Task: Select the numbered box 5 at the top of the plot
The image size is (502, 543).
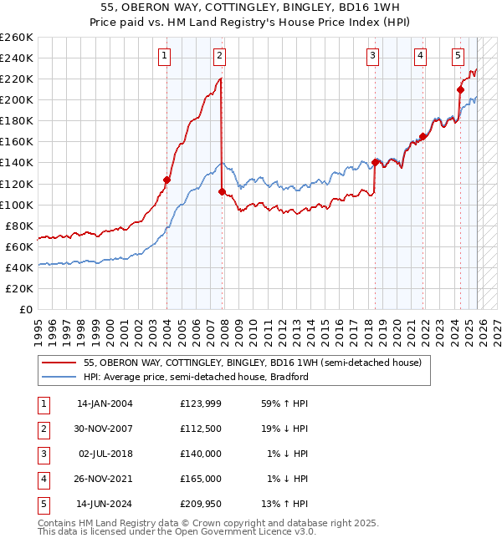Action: [458, 56]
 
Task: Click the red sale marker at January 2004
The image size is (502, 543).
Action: [166, 180]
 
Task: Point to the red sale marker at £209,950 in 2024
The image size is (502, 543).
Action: [460, 89]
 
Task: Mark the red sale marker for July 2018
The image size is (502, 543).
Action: [374, 162]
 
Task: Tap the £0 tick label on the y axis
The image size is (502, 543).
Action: [25, 309]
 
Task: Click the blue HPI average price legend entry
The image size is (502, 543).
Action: [197, 377]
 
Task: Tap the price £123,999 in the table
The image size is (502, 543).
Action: [200, 403]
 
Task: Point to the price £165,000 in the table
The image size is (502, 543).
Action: [200, 480]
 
